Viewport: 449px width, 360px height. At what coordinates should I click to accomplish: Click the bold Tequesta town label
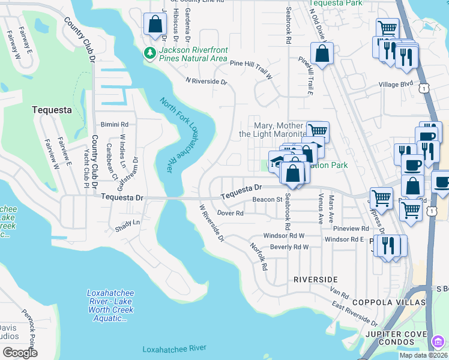51,110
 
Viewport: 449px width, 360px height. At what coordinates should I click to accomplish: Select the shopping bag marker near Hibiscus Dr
154,25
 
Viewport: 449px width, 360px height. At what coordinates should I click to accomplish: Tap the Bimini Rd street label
116,124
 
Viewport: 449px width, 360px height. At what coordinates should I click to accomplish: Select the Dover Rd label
230,213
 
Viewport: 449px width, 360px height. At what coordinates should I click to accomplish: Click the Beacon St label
267,199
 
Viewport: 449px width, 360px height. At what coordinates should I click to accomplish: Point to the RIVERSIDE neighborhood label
315,280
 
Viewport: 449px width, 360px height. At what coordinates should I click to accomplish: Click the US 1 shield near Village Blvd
425,88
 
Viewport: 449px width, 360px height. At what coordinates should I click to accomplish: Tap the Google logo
20,353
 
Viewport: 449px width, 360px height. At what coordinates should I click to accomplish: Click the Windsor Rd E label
345,239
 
